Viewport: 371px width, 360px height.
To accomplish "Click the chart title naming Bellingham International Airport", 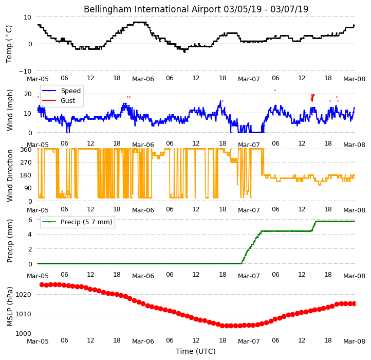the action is [196, 9].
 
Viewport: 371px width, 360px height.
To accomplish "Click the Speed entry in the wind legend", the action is [71, 91].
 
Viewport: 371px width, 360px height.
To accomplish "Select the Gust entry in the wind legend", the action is [68, 100].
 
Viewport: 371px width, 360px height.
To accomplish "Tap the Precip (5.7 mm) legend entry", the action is [86, 222].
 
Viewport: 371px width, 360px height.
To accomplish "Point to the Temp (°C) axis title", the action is [9, 44].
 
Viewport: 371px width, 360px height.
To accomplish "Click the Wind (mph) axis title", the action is [9, 110].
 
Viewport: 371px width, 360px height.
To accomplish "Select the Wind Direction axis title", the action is [9, 175].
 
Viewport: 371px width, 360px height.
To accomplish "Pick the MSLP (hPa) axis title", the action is [9, 307].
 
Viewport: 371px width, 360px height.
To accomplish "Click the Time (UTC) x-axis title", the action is [196, 351].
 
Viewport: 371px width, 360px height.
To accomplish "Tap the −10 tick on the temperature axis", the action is [25, 71].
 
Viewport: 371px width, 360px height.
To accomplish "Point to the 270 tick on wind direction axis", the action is [26, 163].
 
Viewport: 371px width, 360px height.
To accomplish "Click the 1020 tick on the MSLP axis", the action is [24, 294].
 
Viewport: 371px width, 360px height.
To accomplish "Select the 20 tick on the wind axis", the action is [28, 94].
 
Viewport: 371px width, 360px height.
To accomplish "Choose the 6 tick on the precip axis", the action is [30, 220].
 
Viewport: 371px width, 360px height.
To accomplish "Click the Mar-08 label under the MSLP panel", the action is [354, 341].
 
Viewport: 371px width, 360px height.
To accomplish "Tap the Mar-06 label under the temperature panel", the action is [143, 79].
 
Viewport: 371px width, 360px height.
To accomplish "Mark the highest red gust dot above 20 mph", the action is [275, 90].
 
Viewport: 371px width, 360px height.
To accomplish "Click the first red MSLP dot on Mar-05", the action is [42, 284].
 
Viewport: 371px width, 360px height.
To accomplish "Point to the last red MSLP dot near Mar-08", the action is [354, 303].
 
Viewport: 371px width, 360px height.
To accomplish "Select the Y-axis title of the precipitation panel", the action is [9, 241].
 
